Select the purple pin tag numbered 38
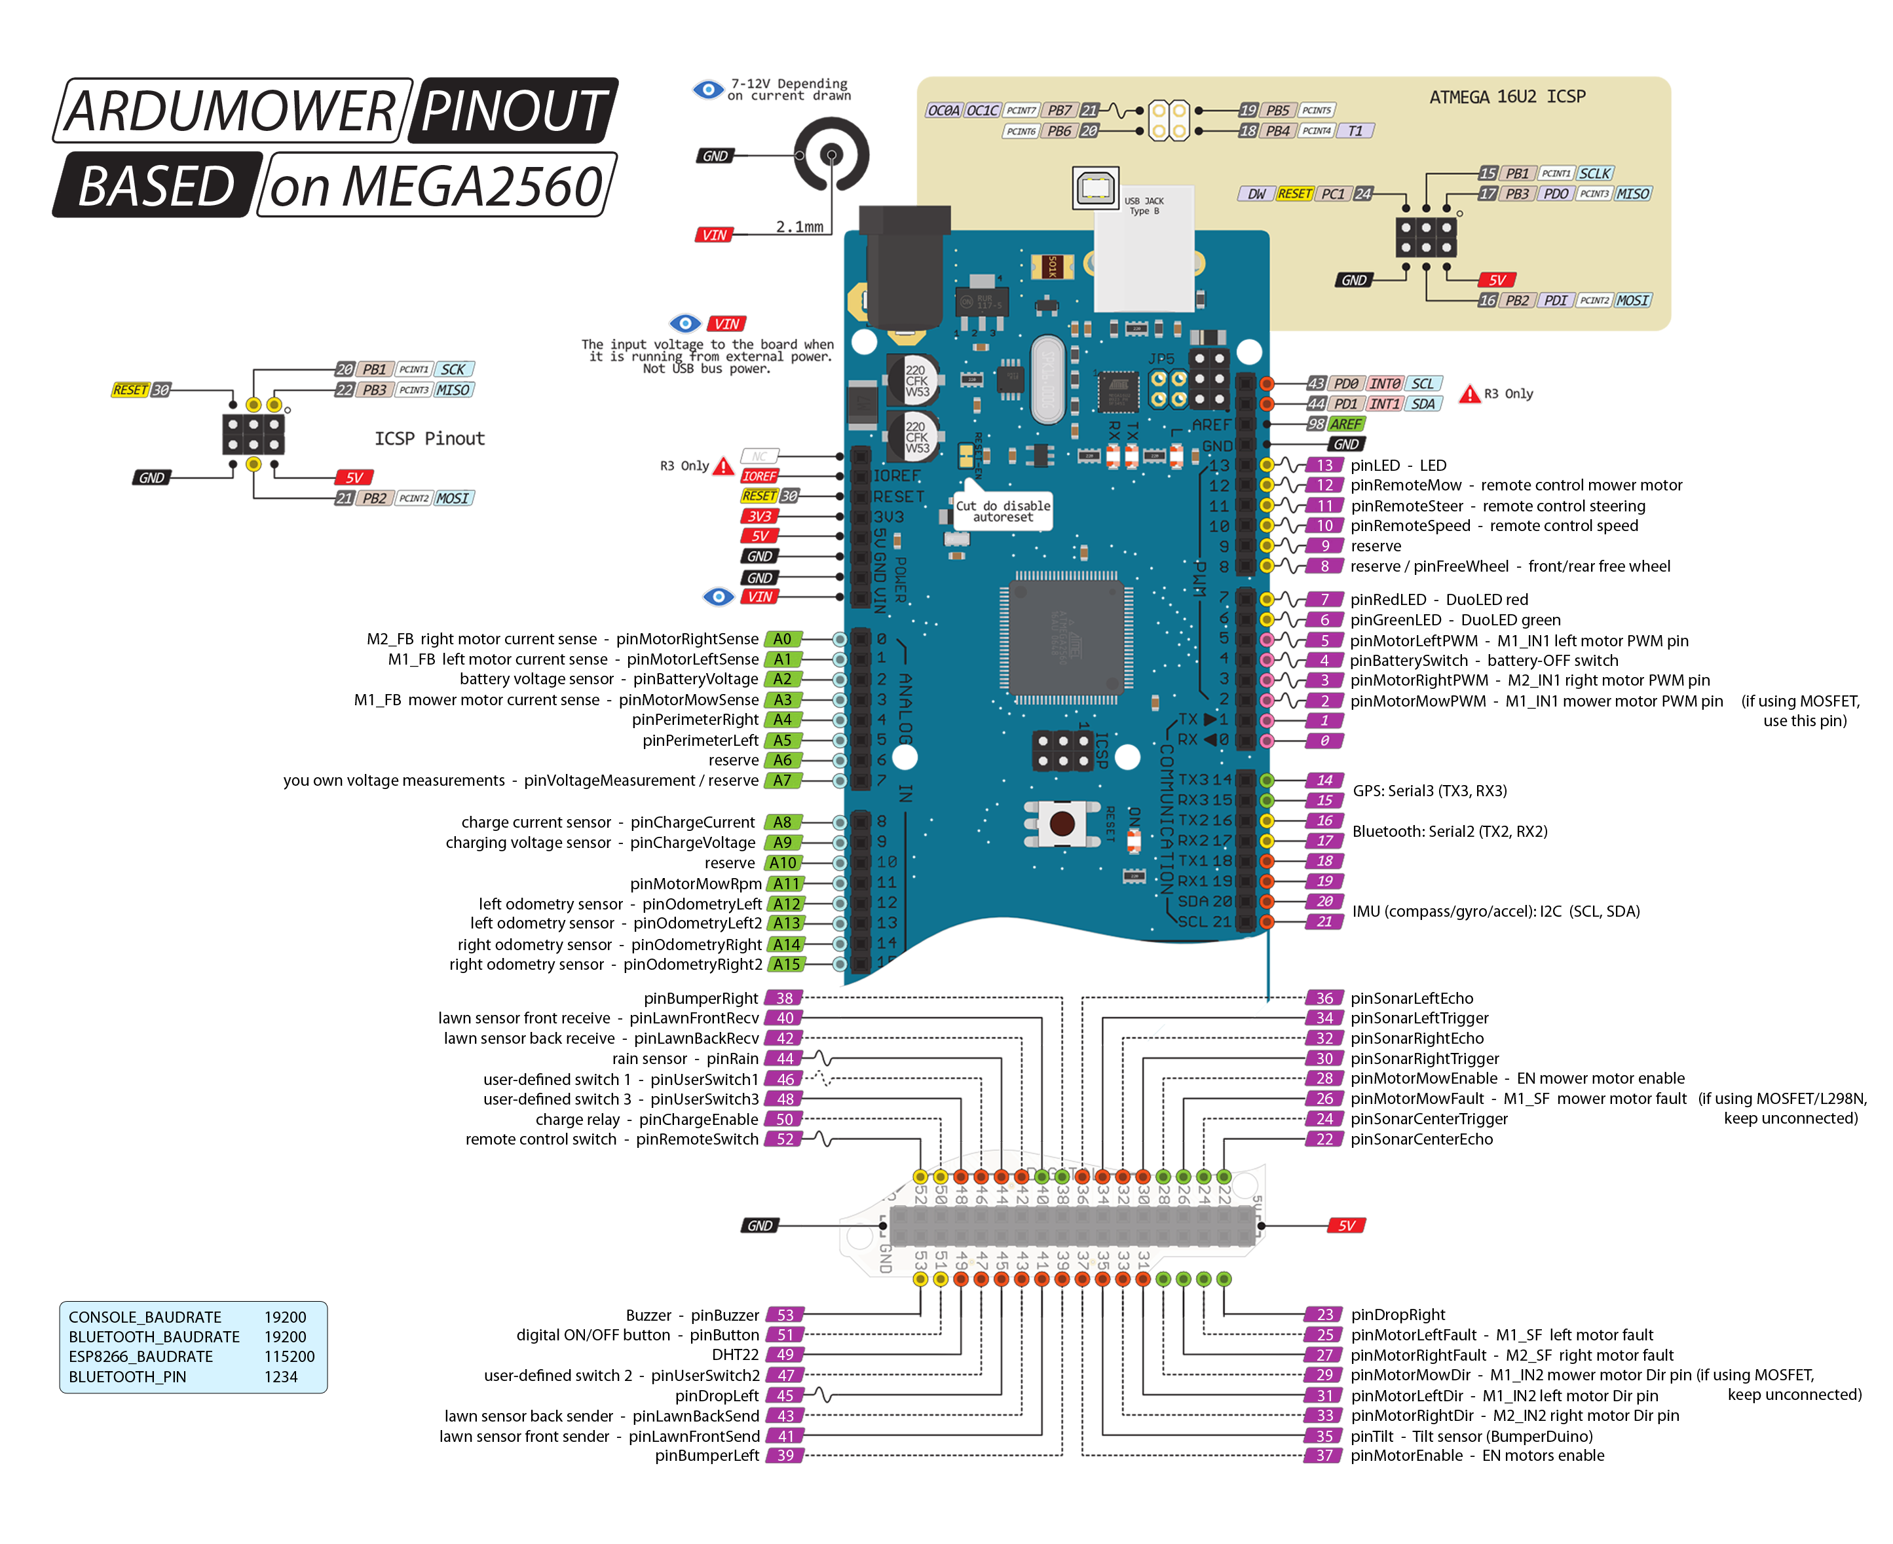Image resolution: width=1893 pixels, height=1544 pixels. tap(785, 999)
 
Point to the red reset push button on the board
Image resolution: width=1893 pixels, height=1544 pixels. tap(1061, 822)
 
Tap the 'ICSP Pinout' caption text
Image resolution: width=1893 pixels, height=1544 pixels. tap(429, 439)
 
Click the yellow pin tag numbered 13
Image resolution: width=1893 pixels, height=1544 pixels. tap(1324, 465)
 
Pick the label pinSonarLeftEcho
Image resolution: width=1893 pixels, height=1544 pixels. tap(1412, 999)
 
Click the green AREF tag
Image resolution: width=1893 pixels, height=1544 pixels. tap(1345, 424)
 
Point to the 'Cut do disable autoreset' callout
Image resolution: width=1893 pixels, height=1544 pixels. tap(1003, 511)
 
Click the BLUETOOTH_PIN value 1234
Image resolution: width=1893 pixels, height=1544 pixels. tap(281, 1377)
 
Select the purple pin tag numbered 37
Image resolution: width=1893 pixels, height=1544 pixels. tap(1324, 1456)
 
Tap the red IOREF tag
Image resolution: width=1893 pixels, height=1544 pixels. tap(760, 477)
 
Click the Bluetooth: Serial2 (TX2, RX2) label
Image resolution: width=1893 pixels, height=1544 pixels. tap(1450, 832)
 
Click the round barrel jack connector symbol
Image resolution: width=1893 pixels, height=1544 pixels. tap(831, 155)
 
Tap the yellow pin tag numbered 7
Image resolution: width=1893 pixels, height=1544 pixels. tap(1324, 599)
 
